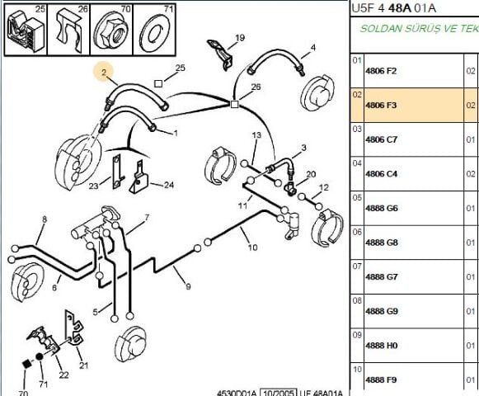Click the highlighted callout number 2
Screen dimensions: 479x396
pos(104,72)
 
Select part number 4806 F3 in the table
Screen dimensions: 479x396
pos(381,106)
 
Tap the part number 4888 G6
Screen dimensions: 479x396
pos(382,208)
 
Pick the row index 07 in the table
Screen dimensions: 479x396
pos(357,266)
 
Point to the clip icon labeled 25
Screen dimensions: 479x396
pos(25,31)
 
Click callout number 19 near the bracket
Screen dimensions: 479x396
pos(240,38)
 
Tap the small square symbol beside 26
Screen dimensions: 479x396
pos(234,105)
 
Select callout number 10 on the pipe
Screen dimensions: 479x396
pos(252,247)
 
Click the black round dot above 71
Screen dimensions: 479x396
pos(39,356)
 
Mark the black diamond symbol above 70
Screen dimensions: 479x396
pos(27,364)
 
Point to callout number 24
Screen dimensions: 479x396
pos(169,185)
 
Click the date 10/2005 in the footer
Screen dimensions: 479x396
pos(278,393)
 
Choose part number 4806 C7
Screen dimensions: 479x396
pos(381,139)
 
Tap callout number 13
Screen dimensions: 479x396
pos(256,134)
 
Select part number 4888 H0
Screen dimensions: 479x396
pos(381,346)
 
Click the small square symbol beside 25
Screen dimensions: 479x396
pos(158,83)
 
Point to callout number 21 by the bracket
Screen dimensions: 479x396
pos(84,365)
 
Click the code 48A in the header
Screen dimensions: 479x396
pos(400,8)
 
